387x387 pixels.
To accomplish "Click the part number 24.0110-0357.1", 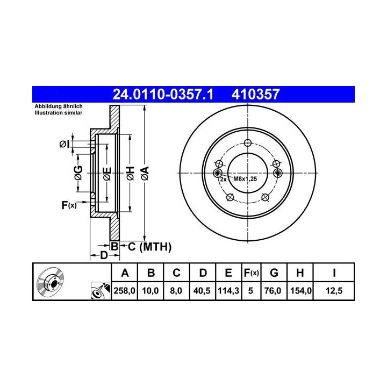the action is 163,94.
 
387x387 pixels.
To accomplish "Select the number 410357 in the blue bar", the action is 255,94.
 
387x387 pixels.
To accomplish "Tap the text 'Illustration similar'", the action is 58,113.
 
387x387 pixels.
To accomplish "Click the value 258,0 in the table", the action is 124,291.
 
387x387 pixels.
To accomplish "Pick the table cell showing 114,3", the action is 228,291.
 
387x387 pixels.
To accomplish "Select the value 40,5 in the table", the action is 202,291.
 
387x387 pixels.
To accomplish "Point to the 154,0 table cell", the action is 300,291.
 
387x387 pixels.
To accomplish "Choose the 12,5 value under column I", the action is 334,291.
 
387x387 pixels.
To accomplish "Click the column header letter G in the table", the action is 274,273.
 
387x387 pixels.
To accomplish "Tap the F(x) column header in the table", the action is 251,273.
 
